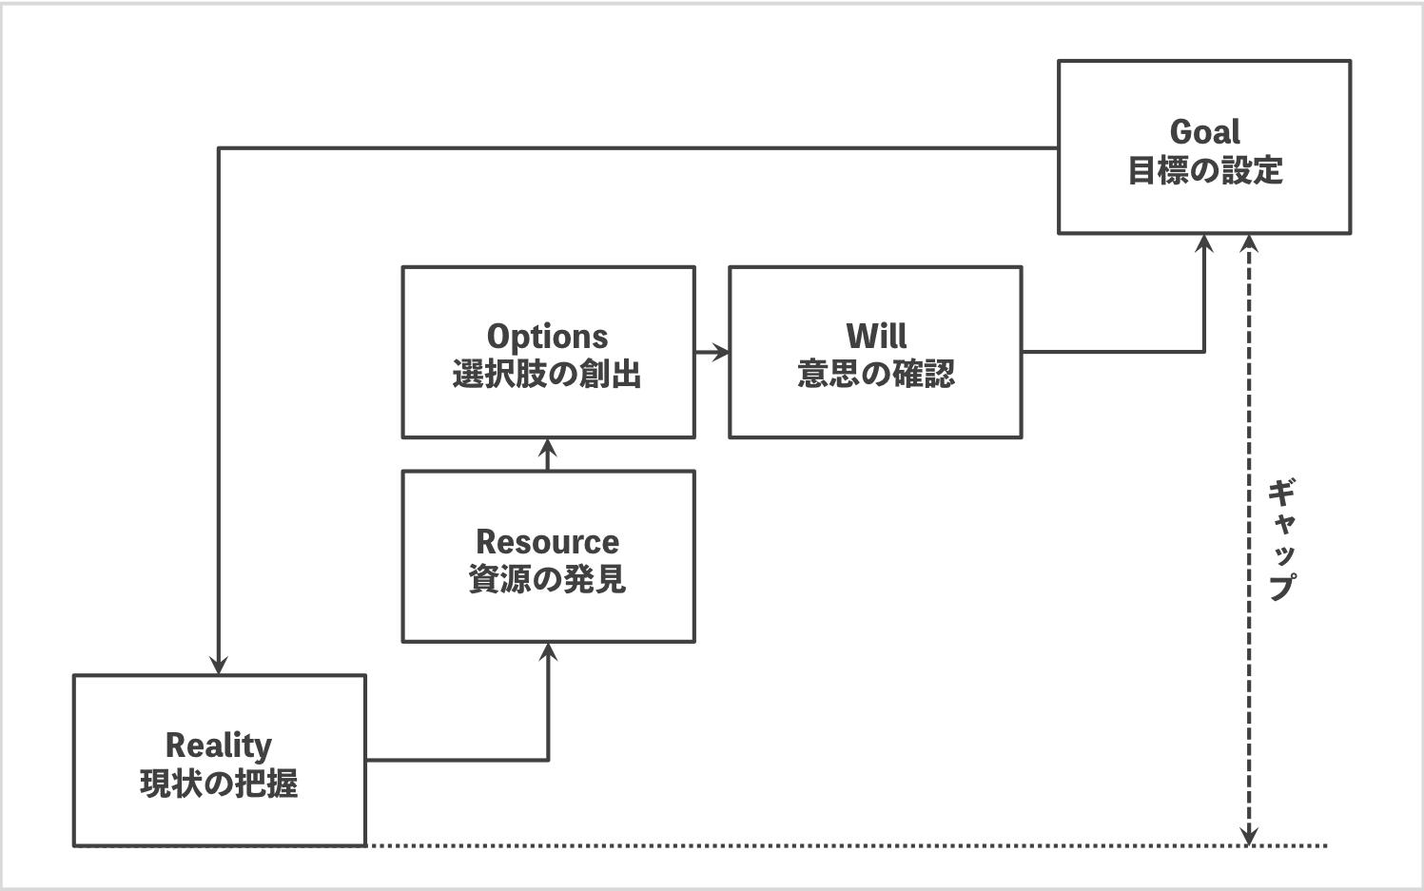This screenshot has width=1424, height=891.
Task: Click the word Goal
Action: click(x=1204, y=131)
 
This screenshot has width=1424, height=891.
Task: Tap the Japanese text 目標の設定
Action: click(x=1204, y=171)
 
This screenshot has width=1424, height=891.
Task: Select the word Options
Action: click(x=547, y=337)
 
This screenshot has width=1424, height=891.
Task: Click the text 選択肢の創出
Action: click(x=547, y=375)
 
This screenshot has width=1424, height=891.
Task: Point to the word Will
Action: click(x=875, y=336)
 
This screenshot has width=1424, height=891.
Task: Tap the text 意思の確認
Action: click(x=875, y=374)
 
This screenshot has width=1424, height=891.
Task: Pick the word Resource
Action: click(x=547, y=542)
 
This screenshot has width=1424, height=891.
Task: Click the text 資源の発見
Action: click(x=547, y=579)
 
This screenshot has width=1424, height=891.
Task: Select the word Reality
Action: click(x=219, y=746)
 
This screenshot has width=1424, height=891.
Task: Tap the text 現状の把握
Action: click(x=219, y=784)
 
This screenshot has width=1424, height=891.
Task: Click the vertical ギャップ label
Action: click(x=1281, y=539)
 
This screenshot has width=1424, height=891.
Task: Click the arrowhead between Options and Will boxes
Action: click(x=722, y=353)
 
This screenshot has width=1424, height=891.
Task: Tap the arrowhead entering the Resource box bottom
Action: click(x=548, y=651)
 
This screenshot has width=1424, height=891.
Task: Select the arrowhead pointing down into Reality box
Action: click(x=219, y=666)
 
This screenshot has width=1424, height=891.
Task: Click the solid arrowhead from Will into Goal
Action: click(x=1204, y=242)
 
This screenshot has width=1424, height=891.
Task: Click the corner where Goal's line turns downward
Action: click(x=219, y=148)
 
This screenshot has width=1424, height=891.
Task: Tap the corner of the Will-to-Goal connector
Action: click(x=1204, y=352)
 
